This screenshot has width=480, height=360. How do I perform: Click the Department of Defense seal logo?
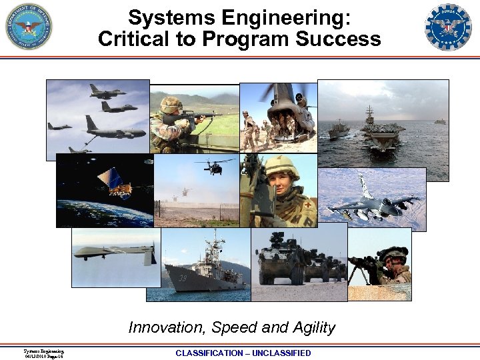pos(29,27)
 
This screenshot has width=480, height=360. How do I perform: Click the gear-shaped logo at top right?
pos(448,27)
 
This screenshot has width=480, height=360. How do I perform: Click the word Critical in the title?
pos(134,39)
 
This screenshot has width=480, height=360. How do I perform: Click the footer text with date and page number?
pos(43,353)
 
